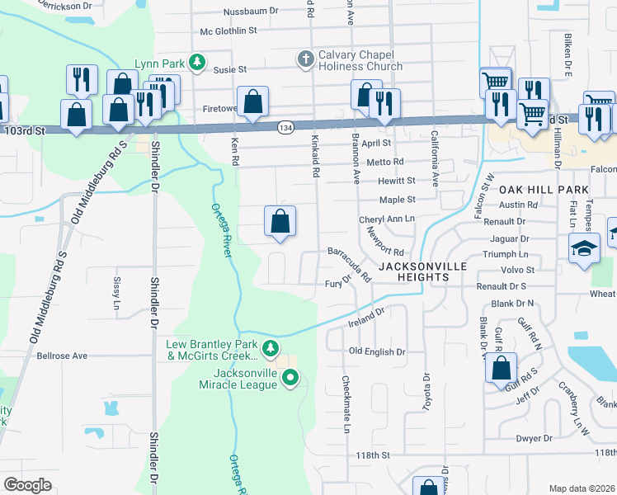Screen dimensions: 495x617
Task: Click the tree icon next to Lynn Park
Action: click(x=196, y=62)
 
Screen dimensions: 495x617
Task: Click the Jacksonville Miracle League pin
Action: click(x=290, y=378)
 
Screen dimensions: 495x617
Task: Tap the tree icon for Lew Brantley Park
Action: click(x=271, y=348)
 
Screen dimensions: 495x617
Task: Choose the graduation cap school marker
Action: click(x=584, y=247)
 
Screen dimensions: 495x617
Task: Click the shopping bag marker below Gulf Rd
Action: click(x=501, y=367)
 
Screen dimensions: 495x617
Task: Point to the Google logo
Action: click(x=27, y=484)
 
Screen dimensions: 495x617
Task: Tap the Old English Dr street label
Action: click(x=377, y=351)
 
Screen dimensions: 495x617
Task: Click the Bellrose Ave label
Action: click(x=62, y=356)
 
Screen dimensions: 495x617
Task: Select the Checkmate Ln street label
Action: click(x=346, y=404)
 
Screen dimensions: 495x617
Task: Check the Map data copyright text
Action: click(x=582, y=488)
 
